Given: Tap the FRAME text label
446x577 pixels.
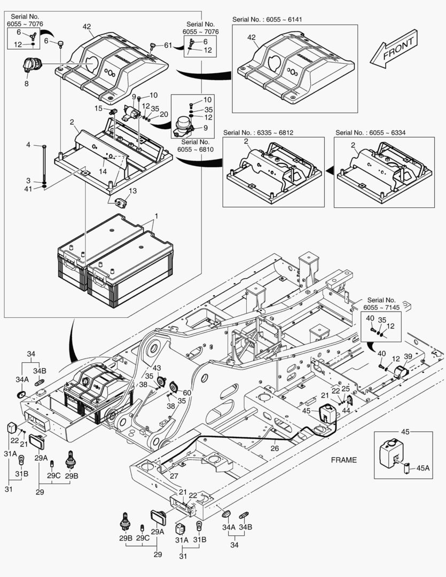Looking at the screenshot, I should pyautogui.click(x=344, y=460).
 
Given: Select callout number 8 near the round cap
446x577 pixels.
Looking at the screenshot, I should pyautogui.click(x=26, y=83).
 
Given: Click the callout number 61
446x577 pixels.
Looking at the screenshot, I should pyautogui.click(x=168, y=45).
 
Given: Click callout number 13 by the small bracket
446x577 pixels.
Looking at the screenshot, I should pyautogui.click(x=132, y=191).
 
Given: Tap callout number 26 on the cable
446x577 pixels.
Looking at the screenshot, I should pyautogui.click(x=275, y=449).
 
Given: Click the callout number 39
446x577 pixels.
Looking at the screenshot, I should pyautogui.click(x=408, y=357).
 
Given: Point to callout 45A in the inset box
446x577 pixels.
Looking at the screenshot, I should pyautogui.click(x=422, y=469).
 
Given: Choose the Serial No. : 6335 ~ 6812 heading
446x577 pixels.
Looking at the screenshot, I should pyautogui.click(x=259, y=132).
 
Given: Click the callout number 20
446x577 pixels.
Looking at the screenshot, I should pyautogui.click(x=164, y=114).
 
